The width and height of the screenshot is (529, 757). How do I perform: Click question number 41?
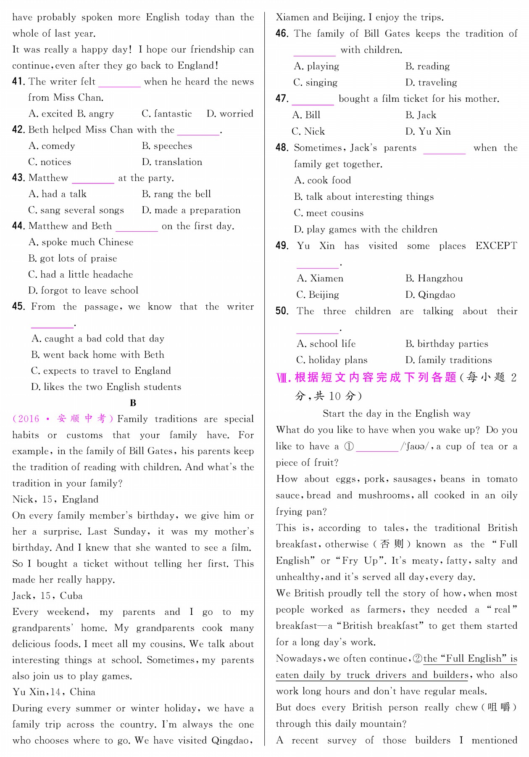click(18, 82)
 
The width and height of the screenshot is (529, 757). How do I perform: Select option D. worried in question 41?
click(230, 114)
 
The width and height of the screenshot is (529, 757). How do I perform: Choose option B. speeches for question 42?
click(167, 146)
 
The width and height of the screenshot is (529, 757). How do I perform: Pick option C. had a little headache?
click(80, 275)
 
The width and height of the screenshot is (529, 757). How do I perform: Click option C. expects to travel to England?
click(101, 371)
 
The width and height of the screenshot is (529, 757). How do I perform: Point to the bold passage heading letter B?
click(133, 403)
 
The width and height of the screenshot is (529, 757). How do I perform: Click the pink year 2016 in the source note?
click(29, 419)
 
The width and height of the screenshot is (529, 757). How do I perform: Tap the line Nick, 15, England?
click(55, 499)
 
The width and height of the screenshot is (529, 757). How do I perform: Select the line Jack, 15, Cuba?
click(47, 596)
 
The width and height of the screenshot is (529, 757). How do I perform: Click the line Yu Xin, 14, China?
click(54, 692)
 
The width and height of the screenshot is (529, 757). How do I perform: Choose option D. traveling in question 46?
click(431, 82)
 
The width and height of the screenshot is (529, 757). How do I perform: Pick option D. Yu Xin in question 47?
click(428, 132)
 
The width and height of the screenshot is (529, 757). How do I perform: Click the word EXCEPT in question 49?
click(496, 246)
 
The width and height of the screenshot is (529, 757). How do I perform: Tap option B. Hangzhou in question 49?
click(434, 278)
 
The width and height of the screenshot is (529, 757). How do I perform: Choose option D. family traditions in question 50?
click(448, 360)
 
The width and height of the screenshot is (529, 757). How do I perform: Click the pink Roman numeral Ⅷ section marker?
click(284, 378)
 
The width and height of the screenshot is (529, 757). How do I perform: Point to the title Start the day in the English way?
click(396, 414)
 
